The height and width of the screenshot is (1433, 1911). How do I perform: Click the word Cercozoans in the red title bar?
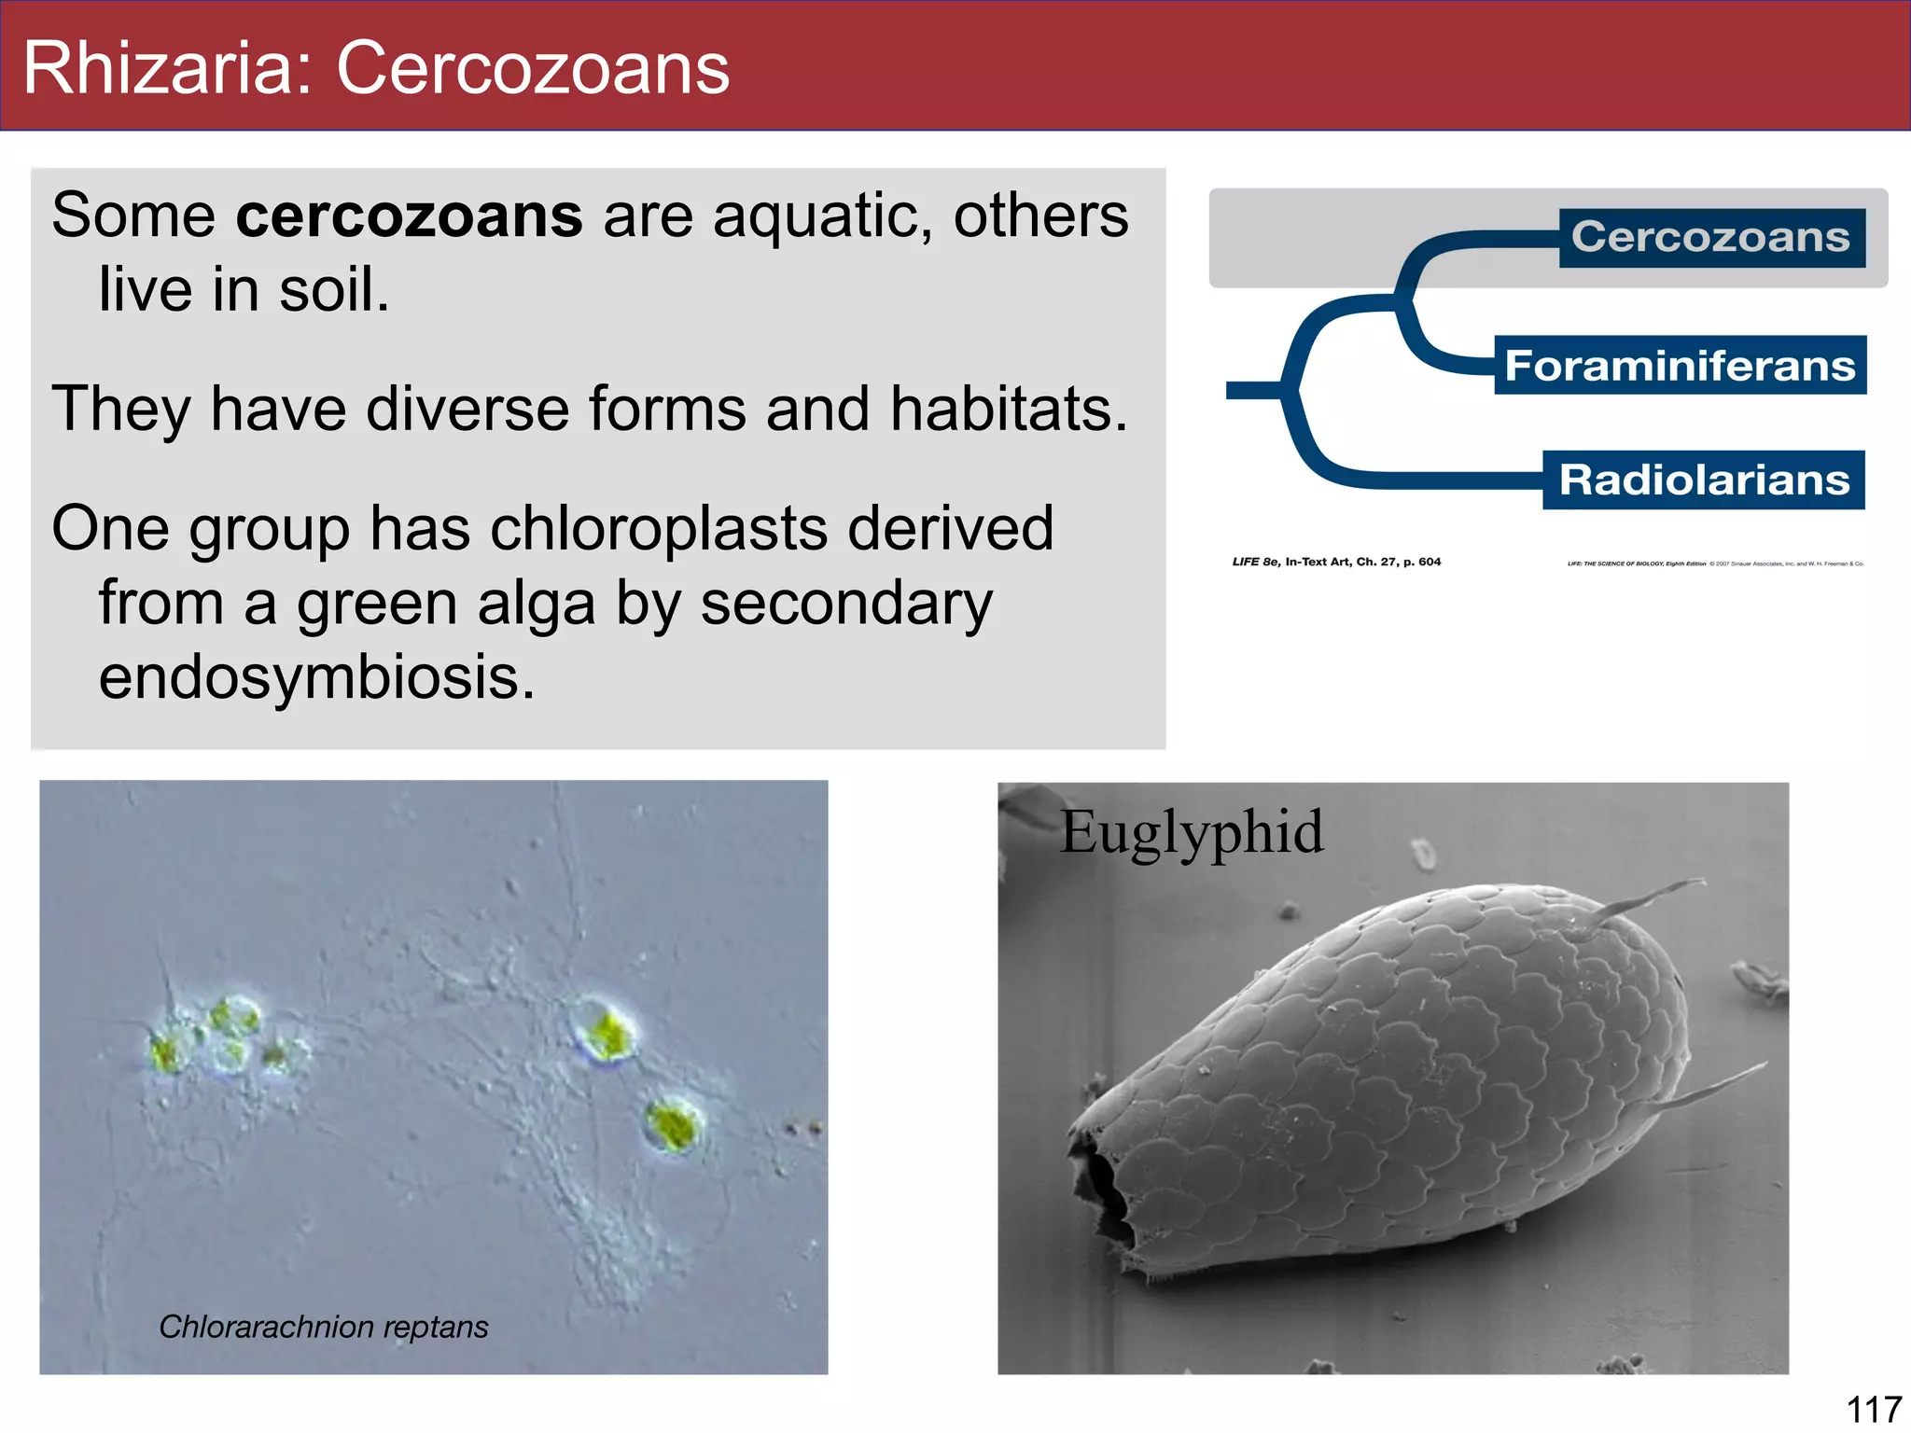point(533,68)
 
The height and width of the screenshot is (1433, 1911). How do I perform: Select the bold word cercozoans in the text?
point(409,216)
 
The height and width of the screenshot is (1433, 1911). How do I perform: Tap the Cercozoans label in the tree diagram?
point(1710,237)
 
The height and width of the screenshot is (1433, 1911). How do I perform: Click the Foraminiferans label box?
point(1680,365)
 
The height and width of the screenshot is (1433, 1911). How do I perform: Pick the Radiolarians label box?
point(1704,480)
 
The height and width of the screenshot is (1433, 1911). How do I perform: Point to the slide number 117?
point(1874,1409)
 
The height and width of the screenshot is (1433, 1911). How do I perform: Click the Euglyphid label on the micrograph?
point(1192,831)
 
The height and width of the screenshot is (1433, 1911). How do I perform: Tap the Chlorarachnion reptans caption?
point(323,1326)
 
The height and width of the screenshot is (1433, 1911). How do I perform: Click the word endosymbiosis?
point(316,676)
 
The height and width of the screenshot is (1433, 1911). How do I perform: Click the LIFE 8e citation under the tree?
point(1335,562)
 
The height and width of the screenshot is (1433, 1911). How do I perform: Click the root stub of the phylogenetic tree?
point(1251,390)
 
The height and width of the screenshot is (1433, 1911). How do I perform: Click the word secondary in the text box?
point(845,604)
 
